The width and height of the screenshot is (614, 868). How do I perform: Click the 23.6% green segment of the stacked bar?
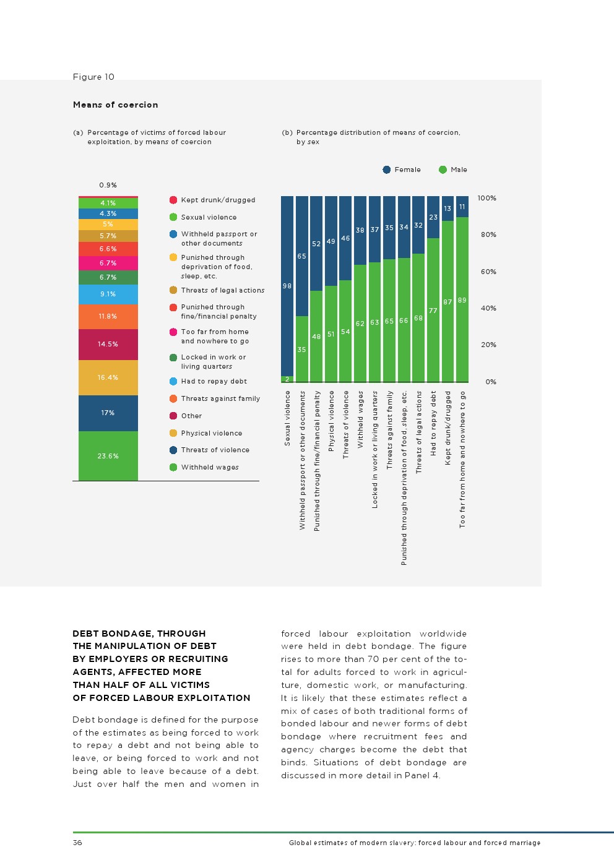[108, 456]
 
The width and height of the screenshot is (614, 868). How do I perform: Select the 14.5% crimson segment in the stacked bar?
[108, 344]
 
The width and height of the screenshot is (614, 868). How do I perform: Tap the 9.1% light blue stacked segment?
[108, 294]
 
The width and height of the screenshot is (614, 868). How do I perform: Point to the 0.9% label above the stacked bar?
[108, 185]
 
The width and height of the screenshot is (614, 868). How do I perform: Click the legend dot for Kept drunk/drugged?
[173, 200]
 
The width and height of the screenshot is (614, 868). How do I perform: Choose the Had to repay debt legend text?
[214, 381]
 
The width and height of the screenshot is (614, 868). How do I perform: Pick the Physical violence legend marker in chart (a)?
[173, 433]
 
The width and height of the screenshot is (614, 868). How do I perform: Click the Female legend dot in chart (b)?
[387, 170]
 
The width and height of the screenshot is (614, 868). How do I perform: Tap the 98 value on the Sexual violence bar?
[287, 286]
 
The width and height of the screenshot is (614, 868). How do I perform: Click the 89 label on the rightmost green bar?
[462, 300]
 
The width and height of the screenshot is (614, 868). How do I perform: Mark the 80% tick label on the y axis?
[488, 234]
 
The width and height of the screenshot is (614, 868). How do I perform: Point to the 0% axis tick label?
[491, 382]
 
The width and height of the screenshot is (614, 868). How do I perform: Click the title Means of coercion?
[115, 105]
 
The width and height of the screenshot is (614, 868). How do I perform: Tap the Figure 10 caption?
[93, 77]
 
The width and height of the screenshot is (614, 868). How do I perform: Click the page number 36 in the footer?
[77, 843]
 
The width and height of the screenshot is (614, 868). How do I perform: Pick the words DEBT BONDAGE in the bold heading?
[113, 633]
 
